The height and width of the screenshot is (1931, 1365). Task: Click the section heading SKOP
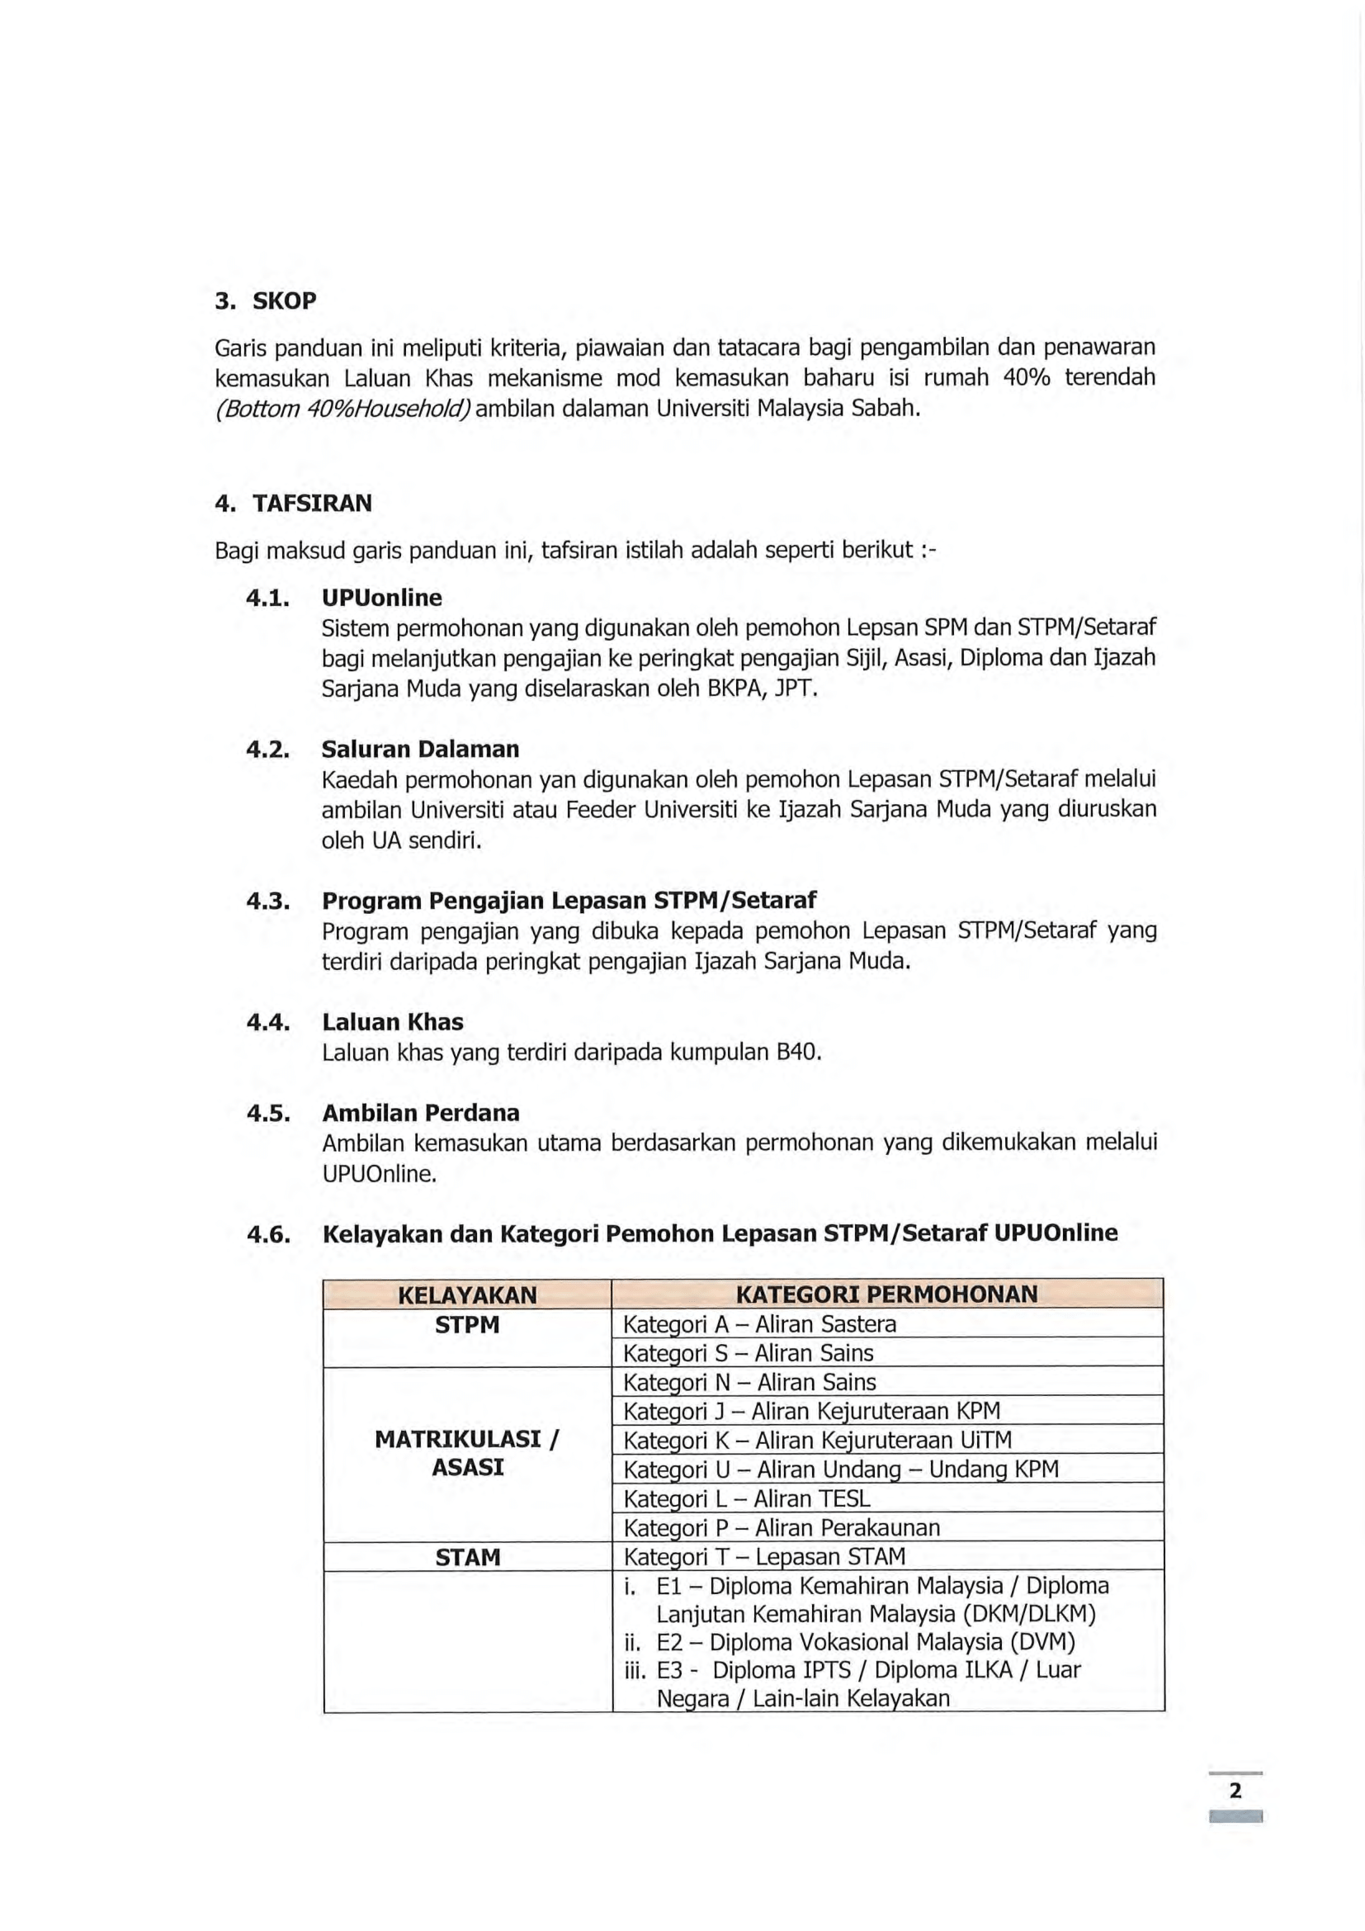(284, 301)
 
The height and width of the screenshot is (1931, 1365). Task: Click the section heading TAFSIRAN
(312, 503)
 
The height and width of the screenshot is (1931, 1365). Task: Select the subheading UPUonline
(381, 597)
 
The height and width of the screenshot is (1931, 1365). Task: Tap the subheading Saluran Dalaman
(420, 749)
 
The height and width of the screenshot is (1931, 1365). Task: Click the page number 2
(1235, 1791)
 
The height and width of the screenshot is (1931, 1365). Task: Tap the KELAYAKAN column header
(467, 1294)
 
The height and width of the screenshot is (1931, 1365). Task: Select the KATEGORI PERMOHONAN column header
(886, 1294)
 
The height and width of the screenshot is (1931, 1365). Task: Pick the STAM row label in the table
(467, 1558)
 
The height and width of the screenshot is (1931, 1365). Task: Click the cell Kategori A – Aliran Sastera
(759, 1324)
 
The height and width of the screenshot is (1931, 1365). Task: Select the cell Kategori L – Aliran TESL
(746, 1498)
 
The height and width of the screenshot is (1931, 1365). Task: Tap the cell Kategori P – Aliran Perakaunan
(781, 1527)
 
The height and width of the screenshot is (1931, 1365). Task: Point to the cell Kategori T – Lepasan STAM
(764, 1557)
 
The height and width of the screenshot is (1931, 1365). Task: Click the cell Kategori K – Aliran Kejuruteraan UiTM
(817, 1441)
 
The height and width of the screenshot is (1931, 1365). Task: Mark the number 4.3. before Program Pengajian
(267, 901)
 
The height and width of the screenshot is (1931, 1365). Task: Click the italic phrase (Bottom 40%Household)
(344, 409)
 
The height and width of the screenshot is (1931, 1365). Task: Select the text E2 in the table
(669, 1643)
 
